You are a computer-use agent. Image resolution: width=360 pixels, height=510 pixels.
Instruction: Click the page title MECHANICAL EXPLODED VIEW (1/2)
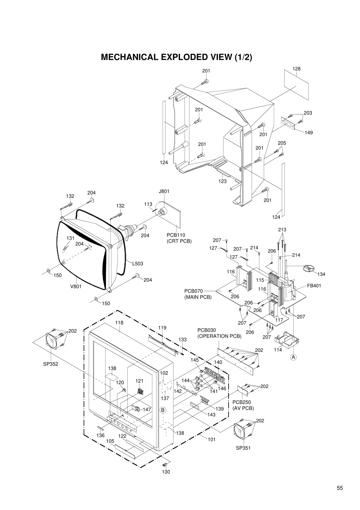[x=176, y=57]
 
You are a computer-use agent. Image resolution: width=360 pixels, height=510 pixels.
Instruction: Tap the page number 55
[x=340, y=488]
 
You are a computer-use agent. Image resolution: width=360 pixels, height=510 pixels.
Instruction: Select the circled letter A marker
[x=293, y=357]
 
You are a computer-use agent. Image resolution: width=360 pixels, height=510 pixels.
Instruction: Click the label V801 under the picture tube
[x=76, y=286]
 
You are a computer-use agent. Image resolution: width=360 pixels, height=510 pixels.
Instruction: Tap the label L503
[x=138, y=264]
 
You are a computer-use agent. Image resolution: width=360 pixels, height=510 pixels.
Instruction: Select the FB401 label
[x=314, y=286]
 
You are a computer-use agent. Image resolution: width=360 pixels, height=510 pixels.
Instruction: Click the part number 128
[x=296, y=69]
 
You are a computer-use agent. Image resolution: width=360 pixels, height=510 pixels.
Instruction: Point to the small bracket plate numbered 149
[x=288, y=124]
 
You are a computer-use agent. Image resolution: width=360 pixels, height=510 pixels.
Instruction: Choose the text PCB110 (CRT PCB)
[x=179, y=238]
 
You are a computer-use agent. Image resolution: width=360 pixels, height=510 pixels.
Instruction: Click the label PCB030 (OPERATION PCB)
[x=219, y=333]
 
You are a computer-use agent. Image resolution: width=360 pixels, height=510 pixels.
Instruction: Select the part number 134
[x=321, y=274]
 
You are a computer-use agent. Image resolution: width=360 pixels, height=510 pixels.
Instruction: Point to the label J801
[x=164, y=191]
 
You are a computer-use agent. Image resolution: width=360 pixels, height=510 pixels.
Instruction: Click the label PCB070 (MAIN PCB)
[x=198, y=294]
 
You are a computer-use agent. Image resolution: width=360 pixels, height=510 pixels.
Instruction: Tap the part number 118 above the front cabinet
[x=119, y=323]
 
